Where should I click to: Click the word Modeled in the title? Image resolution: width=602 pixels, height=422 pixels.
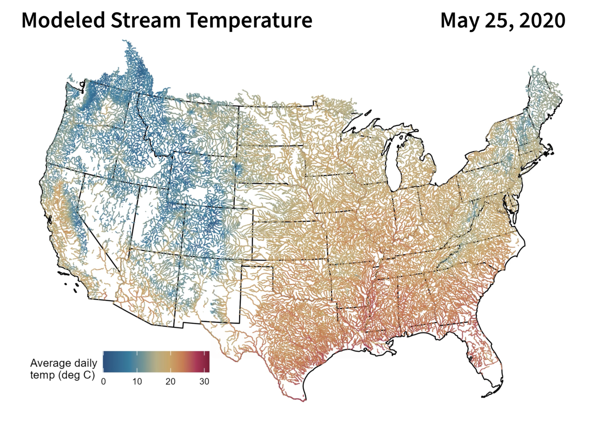[63, 20]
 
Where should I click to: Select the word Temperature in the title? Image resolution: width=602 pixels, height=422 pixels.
[249, 20]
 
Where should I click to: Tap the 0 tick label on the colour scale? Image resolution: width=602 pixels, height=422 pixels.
[104, 381]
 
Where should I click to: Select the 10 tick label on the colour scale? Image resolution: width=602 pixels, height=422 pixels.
[137, 381]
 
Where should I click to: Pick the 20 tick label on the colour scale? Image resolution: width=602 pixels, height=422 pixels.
[170, 381]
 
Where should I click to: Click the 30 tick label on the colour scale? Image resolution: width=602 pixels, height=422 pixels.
[204, 381]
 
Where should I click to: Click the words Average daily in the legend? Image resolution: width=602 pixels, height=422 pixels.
[64, 363]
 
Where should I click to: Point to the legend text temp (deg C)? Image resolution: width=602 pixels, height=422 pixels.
[63, 375]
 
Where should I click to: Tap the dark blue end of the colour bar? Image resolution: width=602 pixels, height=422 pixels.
[105, 361]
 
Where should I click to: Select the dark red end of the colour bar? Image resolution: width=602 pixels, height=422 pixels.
[207, 361]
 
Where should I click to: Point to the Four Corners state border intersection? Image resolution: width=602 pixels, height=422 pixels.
[179, 256]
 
